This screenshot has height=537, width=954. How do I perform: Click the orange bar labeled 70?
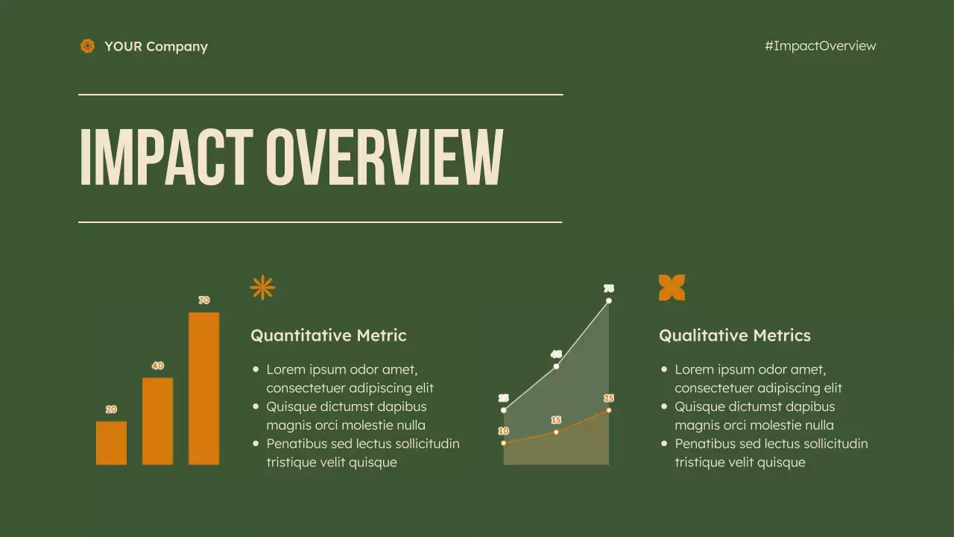[203, 388]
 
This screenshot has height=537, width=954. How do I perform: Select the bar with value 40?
[157, 421]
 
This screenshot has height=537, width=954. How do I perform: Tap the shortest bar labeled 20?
[111, 442]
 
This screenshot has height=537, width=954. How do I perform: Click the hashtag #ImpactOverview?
[820, 45]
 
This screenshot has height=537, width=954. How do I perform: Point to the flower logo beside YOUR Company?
[88, 46]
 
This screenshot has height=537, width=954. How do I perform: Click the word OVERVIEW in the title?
[385, 157]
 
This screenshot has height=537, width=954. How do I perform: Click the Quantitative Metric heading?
[329, 336]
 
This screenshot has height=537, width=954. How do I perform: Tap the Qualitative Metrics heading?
[734, 336]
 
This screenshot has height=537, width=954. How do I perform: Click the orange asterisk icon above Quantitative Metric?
[262, 287]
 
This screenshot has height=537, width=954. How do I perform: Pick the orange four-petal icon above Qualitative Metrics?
[672, 287]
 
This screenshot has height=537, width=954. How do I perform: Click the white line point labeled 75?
[609, 301]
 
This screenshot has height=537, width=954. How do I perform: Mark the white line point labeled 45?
[556, 366]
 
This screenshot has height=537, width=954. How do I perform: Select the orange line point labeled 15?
[556, 432]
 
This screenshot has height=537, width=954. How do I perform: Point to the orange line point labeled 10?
[504, 443]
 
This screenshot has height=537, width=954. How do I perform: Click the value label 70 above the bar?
[203, 301]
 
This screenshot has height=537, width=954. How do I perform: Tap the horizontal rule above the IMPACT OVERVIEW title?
[320, 95]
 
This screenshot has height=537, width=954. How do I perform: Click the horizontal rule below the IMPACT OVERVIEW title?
[320, 222]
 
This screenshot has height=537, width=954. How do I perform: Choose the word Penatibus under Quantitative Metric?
[297, 444]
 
